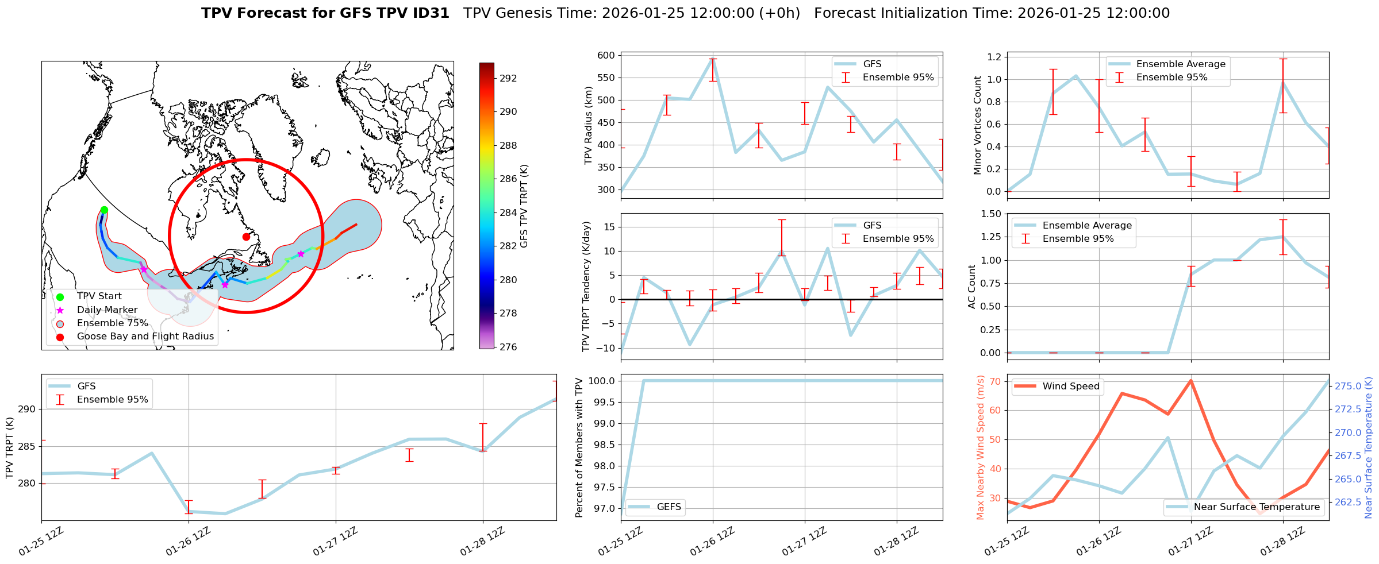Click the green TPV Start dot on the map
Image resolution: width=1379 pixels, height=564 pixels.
tap(104, 210)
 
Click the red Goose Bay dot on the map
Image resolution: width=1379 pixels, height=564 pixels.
tap(246, 237)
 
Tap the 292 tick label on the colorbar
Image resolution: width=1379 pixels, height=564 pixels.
tap(508, 78)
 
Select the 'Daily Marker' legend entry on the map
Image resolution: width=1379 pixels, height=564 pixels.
tap(107, 310)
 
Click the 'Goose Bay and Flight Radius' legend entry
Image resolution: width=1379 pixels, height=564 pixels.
tap(145, 337)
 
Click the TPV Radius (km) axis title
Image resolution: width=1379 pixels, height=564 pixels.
tap(588, 126)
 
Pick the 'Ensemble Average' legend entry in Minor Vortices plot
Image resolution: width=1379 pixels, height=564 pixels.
tap(1180, 64)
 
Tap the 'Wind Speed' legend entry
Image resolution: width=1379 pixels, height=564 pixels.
tap(1070, 387)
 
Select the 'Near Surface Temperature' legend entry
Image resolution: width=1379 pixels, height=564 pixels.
tap(1256, 507)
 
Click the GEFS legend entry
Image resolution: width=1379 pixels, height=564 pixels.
tap(669, 507)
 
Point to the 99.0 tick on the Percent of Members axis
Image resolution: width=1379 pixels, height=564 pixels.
tap(603, 423)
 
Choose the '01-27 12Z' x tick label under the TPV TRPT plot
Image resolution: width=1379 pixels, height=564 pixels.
tap(336, 542)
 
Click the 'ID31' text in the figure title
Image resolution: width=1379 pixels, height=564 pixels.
tap(429, 13)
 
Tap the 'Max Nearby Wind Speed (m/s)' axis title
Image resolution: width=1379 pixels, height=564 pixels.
tap(981, 447)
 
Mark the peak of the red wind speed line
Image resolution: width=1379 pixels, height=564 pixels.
tap(1190, 380)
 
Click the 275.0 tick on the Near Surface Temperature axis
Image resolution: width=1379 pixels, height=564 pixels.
tap(1347, 386)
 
